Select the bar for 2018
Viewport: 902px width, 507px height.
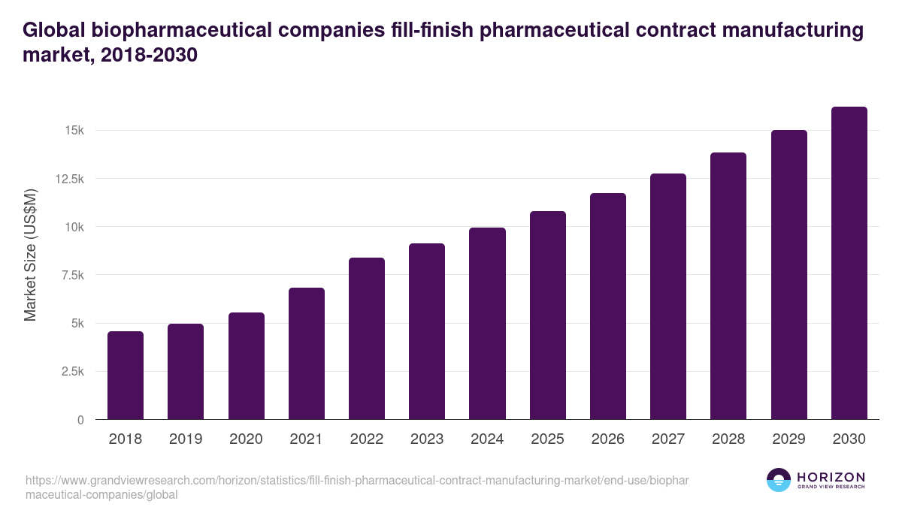[x=126, y=376]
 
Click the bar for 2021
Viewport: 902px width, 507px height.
[x=307, y=354]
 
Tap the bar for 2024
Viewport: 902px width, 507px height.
[x=487, y=324]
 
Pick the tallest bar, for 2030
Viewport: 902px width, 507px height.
[x=849, y=263]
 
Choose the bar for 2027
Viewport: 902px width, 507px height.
[x=668, y=297]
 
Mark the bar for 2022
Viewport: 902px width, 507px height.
[x=367, y=339]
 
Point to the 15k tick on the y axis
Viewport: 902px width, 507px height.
[x=74, y=131]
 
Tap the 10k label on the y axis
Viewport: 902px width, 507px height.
[x=74, y=227]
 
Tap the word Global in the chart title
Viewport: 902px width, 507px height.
[x=54, y=31]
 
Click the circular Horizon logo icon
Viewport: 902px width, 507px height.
[x=779, y=480]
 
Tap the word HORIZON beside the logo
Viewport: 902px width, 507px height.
[x=831, y=476]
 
